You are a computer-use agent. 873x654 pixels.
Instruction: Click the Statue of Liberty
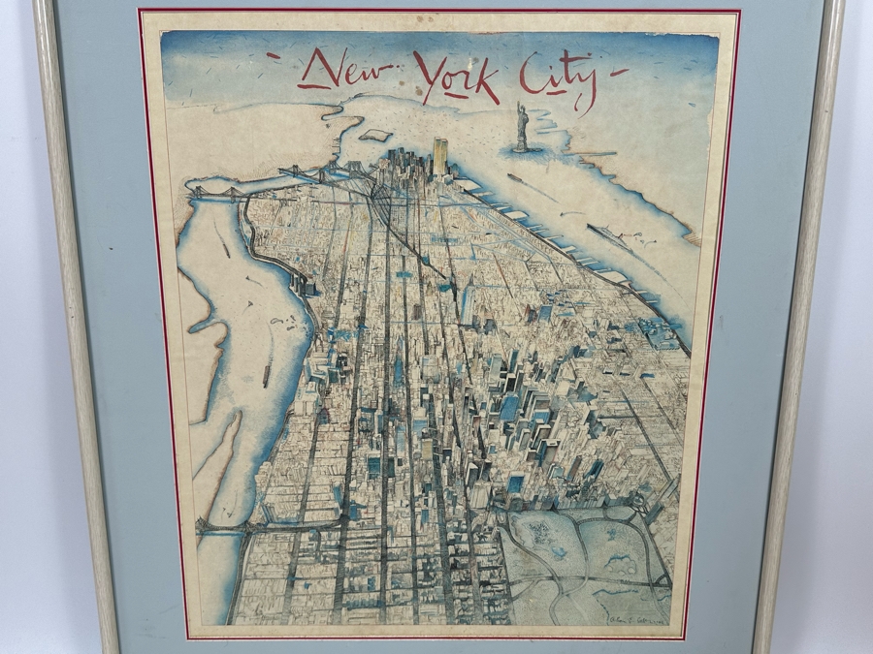pyautogui.click(x=522, y=128)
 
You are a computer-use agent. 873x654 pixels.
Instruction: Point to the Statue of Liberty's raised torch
pyautogui.click(x=518, y=105)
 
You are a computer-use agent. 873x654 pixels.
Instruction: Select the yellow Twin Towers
pyautogui.click(x=439, y=156)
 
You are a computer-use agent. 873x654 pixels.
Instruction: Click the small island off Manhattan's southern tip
pyautogui.click(x=374, y=136)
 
